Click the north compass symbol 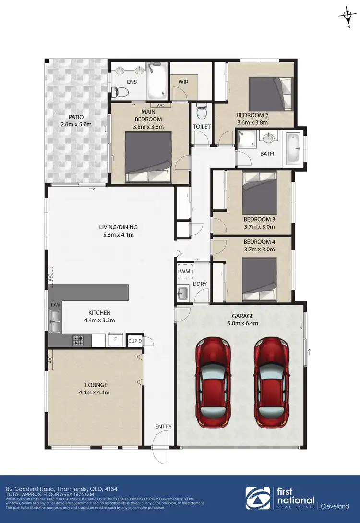click(347, 16)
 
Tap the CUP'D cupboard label click(135, 341)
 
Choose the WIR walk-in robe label click(183, 82)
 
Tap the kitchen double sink click(55, 321)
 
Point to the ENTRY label click(163, 427)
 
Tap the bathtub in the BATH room click(292, 148)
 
